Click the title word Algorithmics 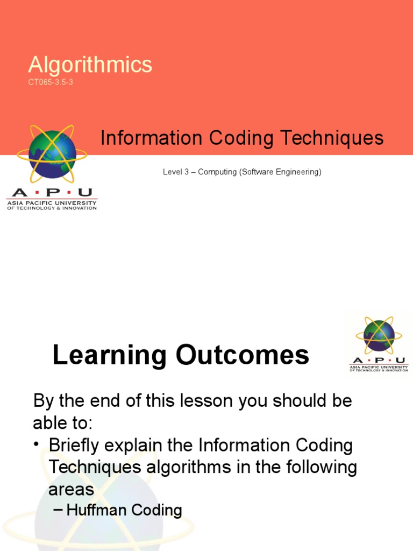point(90,65)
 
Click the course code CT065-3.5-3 point(51,82)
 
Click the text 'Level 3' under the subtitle point(175,172)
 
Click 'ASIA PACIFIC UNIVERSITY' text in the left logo point(52,203)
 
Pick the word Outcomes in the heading point(242,356)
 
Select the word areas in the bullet point(71,489)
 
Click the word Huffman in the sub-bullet point(95,510)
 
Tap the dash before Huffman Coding point(59,510)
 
